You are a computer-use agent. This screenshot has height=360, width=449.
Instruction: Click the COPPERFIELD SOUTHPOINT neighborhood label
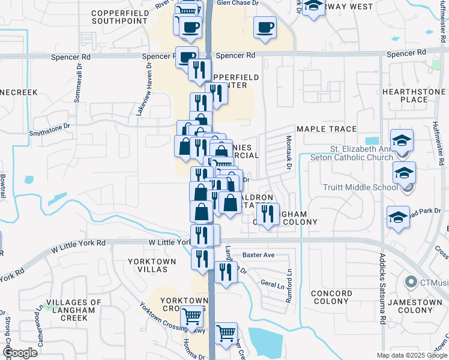click(120, 16)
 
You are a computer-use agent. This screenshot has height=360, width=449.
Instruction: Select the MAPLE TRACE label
click(327, 129)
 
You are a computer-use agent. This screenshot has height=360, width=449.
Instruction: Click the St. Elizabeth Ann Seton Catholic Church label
click(352, 153)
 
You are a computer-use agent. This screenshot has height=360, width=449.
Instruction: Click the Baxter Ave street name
click(258, 255)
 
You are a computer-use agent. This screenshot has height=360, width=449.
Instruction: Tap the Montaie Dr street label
click(289, 152)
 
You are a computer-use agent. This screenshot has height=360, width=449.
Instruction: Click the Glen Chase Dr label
click(237, 3)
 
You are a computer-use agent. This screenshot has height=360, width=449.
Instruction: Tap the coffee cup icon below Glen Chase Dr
click(265, 28)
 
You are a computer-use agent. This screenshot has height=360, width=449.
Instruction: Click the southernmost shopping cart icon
click(226, 333)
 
